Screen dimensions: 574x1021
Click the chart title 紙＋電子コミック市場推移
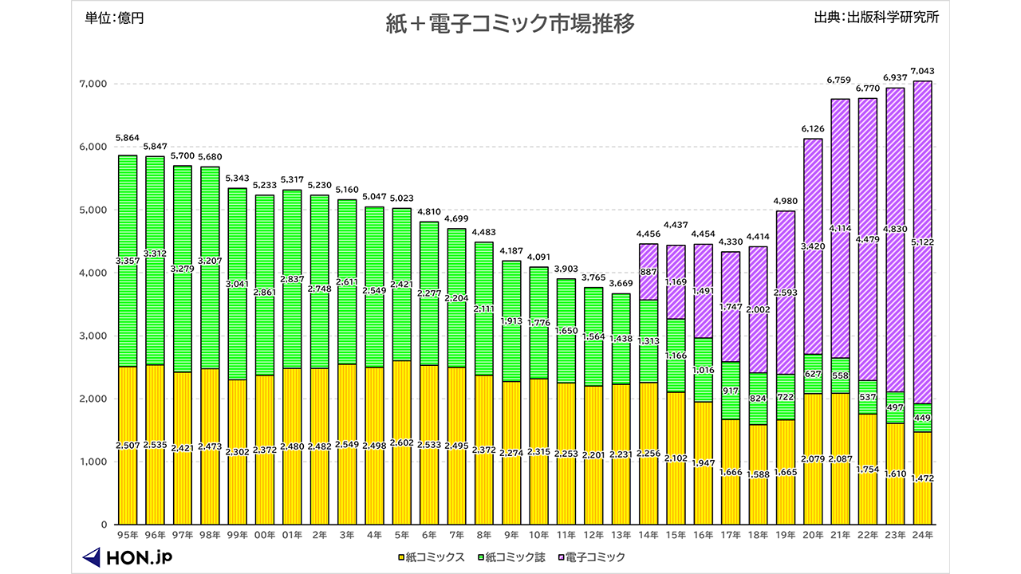(x=510, y=25)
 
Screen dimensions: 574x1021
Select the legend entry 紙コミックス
(x=430, y=557)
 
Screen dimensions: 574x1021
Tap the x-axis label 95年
(x=129, y=535)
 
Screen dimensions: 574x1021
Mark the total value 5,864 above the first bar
(x=128, y=138)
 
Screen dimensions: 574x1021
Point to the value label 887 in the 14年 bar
(x=649, y=272)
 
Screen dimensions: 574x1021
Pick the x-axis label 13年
(x=622, y=535)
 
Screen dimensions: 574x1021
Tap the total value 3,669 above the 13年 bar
(x=622, y=284)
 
